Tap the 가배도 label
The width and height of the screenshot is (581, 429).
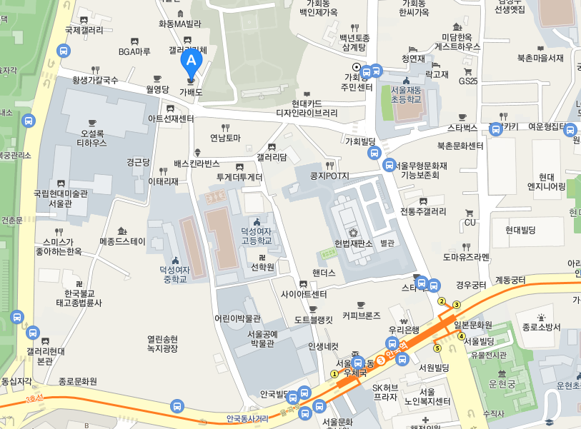tap(191, 92)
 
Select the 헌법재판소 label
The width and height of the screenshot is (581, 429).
tap(353, 244)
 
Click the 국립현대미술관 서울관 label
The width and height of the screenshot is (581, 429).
tap(60, 198)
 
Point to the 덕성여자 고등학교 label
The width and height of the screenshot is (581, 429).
tap(257, 236)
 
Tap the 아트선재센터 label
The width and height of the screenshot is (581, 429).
tap(171, 118)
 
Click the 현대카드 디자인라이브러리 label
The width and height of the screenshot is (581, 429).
tap(307, 108)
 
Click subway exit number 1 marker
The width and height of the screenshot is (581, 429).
tap(334, 373)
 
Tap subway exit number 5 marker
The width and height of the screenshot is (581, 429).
tap(437, 348)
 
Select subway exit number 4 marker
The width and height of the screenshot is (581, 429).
tap(461, 336)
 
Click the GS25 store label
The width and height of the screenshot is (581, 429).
tap(468, 81)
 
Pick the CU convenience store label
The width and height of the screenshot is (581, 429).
tap(470, 222)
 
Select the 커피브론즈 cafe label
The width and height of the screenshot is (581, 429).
tap(361, 315)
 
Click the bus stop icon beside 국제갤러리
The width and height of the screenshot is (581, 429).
tap(64, 51)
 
